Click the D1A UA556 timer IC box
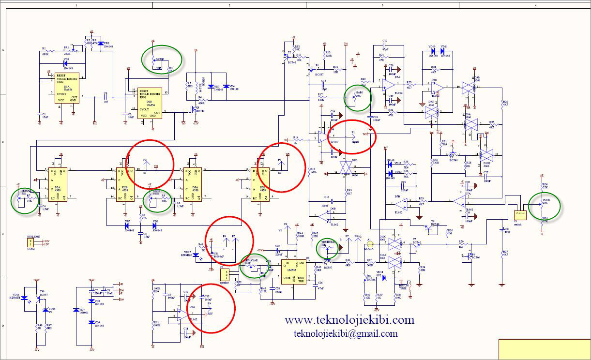click(67, 88)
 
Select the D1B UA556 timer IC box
click(150, 103)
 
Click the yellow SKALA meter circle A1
click(369, 240)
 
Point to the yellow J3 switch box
click(520, 214)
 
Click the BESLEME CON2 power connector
click(31, 242)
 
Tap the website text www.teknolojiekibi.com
click(349, 320)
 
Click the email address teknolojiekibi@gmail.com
click(346, 333)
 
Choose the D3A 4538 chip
click(196, 184)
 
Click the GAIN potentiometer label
click(359, 92)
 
